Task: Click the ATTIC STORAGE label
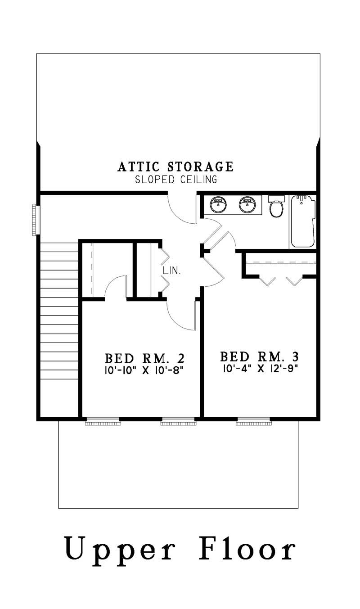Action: tap(175, 167)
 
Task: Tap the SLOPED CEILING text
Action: tap(176, 180)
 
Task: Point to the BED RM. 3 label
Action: tap(260, 357)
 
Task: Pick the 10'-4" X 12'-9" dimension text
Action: tap(260, 369)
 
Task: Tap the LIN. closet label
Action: tap(172, 271)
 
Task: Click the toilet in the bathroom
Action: tap(276, 208)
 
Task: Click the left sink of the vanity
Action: tap(219, 205)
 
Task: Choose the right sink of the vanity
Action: tap(247, 205)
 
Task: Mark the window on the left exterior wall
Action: tap(34, 220)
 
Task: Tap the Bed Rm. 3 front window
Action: tap(253, 422)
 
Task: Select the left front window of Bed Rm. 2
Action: tap(103, 422)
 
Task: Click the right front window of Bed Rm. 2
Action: tap(178, 422)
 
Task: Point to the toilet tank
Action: tap(276, 198)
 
